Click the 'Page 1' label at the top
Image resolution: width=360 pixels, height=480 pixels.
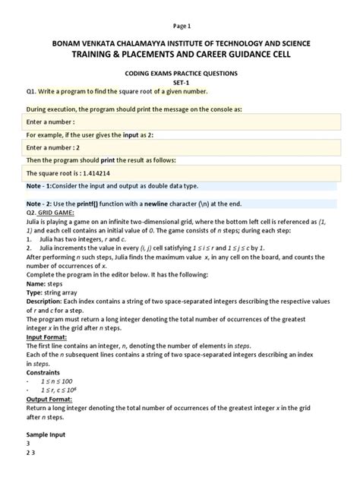(x=180, y=25)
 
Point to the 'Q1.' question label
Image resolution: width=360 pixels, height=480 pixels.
(x=32, y=90)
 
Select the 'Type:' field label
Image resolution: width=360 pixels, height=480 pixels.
(x=36, y=312)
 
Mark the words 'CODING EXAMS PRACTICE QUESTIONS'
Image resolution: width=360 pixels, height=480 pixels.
(x=180, y=73)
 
